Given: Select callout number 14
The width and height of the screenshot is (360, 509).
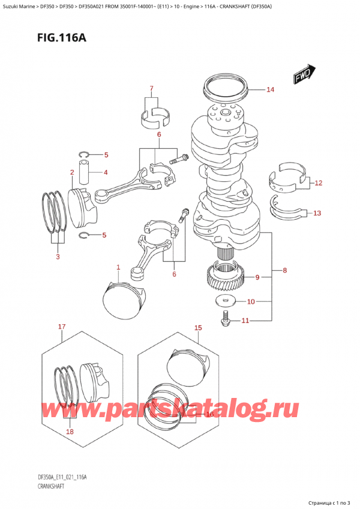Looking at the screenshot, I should (x=270, y=90).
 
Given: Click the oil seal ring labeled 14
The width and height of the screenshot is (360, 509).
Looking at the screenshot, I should (x=227, y=88).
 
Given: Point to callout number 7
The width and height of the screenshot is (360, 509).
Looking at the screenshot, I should (x=152, y=89).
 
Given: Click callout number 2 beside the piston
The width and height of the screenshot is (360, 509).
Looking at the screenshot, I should (x=71, y=173).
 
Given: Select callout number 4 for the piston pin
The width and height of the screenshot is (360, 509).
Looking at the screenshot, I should (x=106, y=173).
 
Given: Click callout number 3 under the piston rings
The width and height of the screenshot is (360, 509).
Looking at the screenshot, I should (x=58, y=257).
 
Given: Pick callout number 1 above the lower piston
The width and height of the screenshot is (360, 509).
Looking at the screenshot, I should (x=118, y=268).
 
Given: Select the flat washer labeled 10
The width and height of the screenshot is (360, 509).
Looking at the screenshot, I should (x=226, y=301).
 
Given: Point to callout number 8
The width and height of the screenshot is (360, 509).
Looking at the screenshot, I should (x=285, y=271).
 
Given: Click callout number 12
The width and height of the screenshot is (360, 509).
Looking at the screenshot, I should (x=318, y=182).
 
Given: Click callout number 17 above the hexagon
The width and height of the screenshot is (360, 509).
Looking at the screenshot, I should (x=61, y=327).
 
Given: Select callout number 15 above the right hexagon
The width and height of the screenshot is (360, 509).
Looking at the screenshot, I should (x=198, y=328).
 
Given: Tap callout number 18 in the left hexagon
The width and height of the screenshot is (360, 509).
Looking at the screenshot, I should (x=70, y=432).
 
